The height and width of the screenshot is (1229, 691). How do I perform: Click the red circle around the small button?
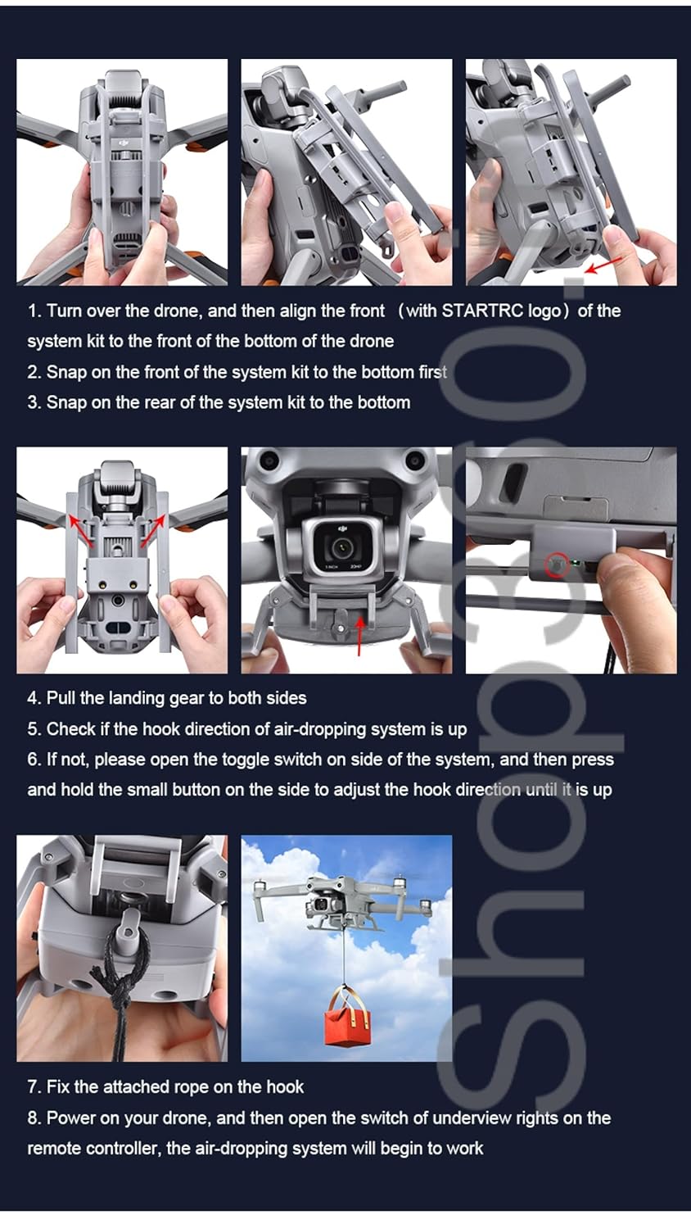[557, 565]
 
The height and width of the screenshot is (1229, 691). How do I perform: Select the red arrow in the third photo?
[603, 265]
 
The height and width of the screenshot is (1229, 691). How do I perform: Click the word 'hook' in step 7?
[285, 1087]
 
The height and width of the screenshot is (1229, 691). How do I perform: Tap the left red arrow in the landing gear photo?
[79, 530]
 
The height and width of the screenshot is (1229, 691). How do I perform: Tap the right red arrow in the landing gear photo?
[153, 530]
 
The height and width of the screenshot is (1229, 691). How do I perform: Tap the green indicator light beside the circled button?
[575, 562]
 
